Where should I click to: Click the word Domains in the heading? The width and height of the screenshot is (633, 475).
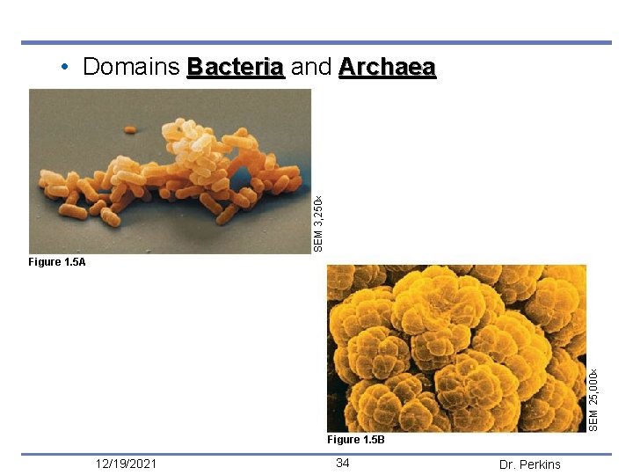click(x=131, y=68)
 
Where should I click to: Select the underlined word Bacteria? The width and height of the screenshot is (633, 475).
click(x=236, y=68)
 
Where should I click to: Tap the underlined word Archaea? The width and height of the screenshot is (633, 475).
click(x=387, y=68)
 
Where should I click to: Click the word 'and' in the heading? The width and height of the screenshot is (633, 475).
click(x=310, y=68)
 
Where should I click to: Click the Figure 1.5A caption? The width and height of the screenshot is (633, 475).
click(x=57, y=262)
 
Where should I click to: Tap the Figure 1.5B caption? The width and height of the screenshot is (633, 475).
click(x=355, y=440)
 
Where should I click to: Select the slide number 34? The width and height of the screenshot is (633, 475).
click(x=343, y=464)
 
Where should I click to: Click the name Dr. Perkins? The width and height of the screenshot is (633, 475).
click(x=529, y=464)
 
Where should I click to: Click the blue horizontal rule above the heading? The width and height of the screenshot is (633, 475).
click(x=316, y=42)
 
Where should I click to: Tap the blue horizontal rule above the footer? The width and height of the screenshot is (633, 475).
click(x=316, y=454)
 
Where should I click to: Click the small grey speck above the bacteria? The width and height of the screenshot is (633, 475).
click(x=129, y=129)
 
